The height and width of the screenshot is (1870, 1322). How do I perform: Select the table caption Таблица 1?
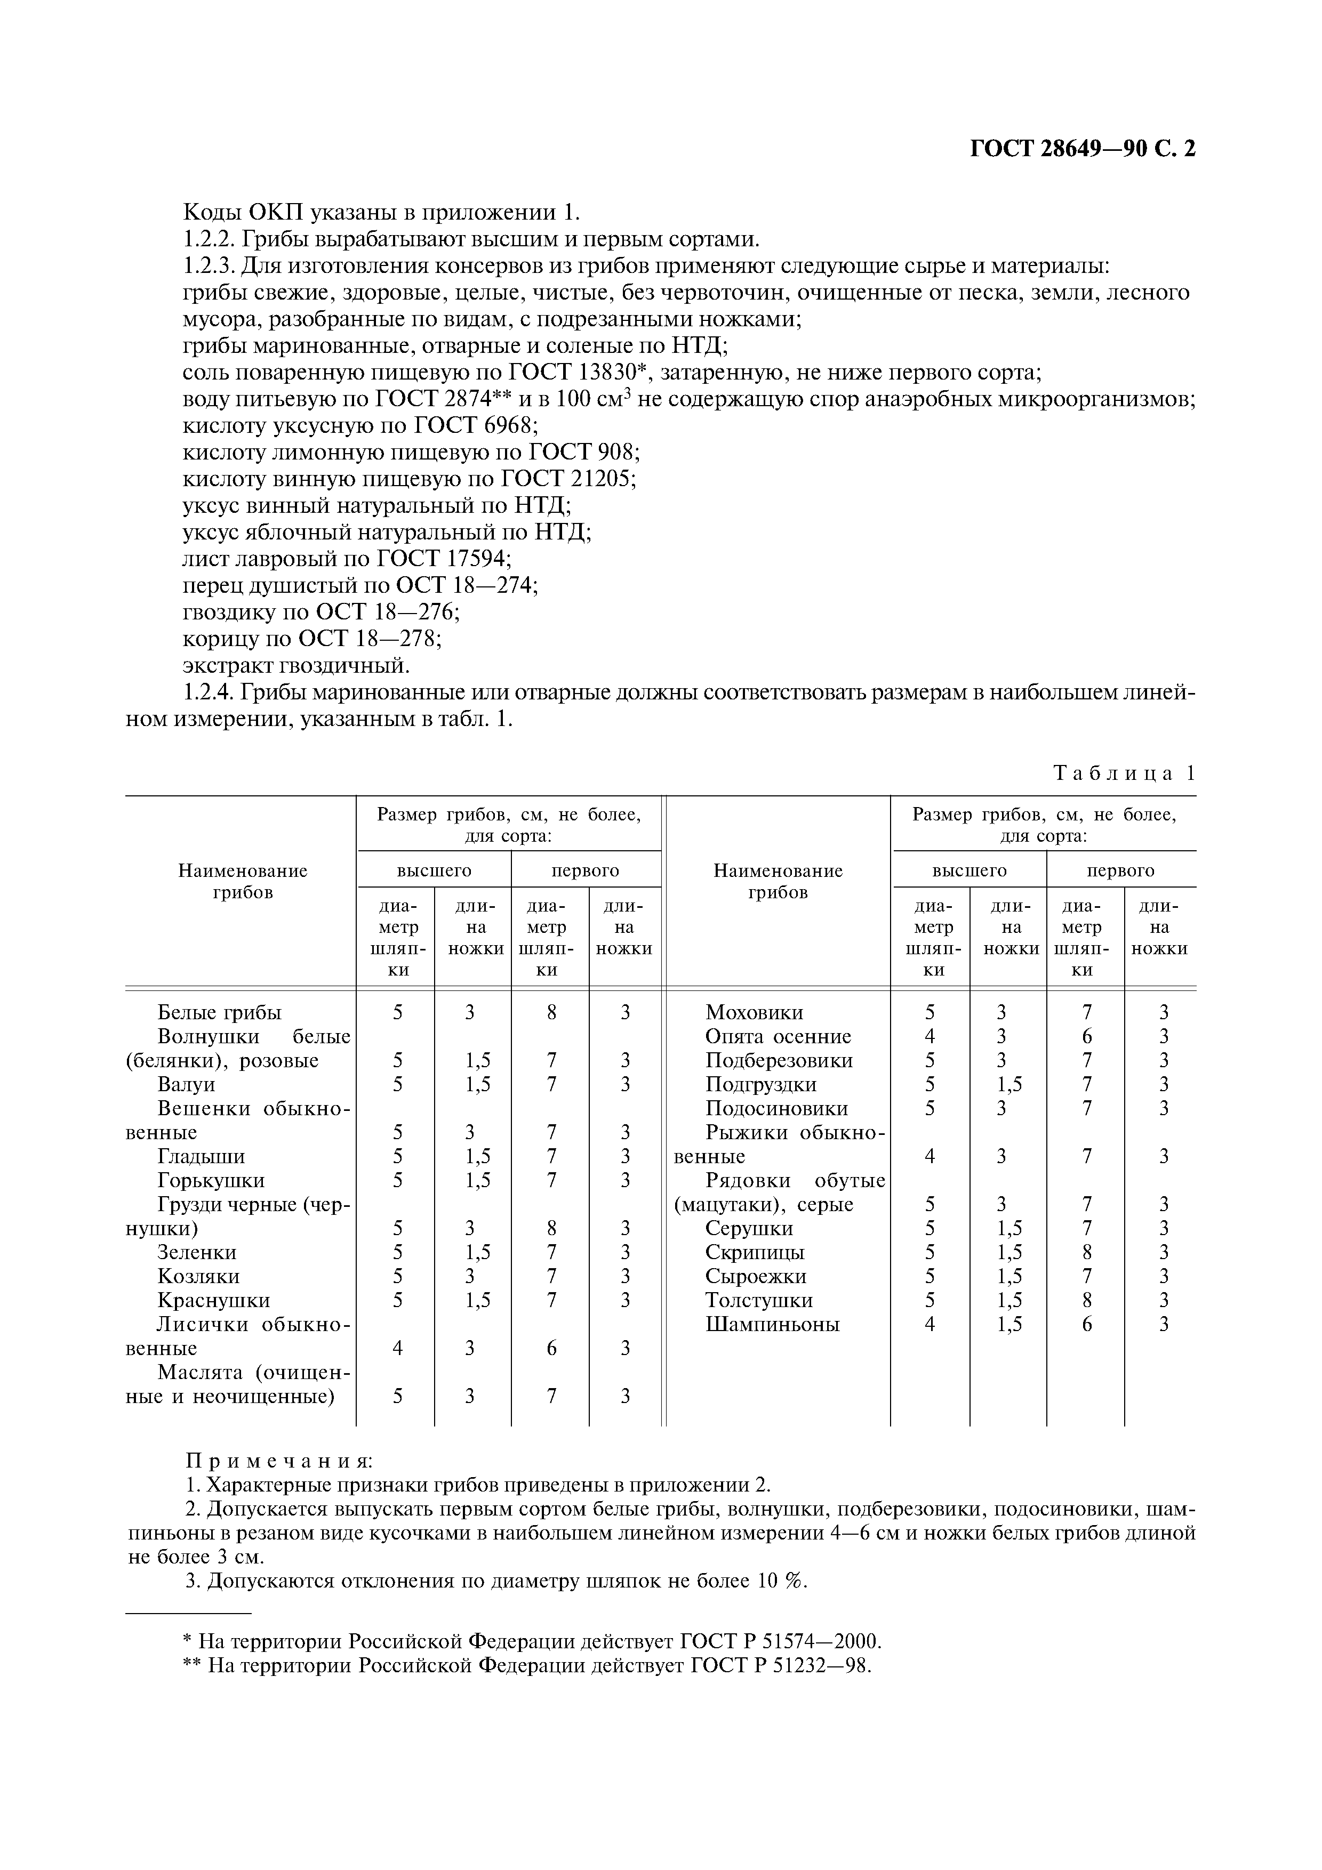click(1124, 773)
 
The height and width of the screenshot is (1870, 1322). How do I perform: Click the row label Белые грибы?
click(219, 1012)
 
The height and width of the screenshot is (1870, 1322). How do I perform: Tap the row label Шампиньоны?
click(772, 1324)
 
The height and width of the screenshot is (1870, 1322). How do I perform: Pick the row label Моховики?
click(754, 1012)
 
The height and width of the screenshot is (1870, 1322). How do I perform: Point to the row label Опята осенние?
click(778, 1037)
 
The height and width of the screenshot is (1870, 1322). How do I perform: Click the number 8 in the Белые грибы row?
click(551, 1012)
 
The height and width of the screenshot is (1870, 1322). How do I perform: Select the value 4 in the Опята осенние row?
click(930, 1037)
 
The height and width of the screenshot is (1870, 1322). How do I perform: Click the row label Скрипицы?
click(755, 1253)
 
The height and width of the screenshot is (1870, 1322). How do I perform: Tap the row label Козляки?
click(199, 1276)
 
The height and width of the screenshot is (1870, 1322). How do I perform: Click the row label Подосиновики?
click(777, 1108)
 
